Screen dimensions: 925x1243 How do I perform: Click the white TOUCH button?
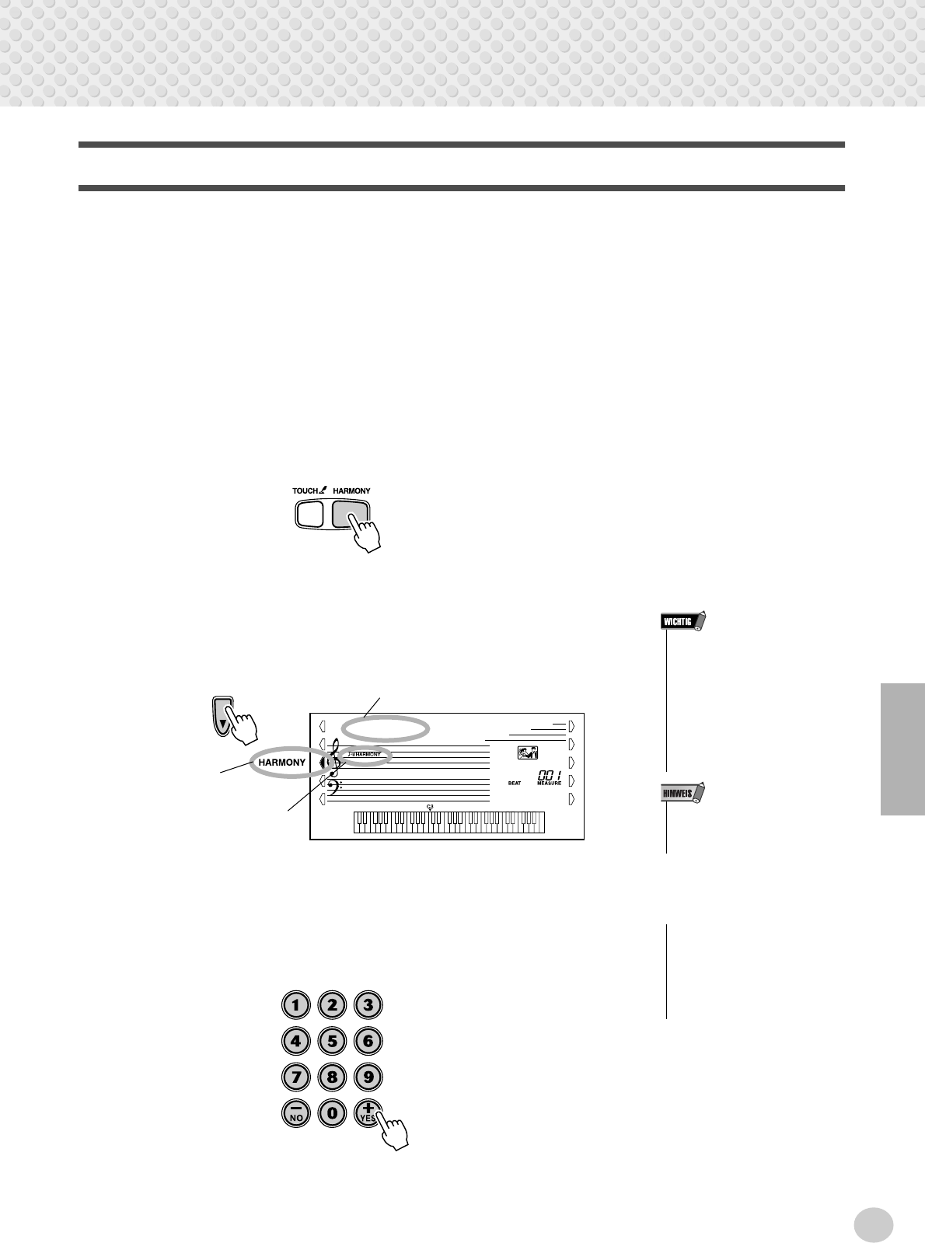tap(309, 514)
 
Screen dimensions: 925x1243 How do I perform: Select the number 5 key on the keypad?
tap(332, 1041)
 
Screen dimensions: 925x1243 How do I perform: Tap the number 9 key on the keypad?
tap(368, 1077)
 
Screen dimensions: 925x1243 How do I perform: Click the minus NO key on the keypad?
tap(295, 1113)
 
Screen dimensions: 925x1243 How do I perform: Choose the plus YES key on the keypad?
tap(367, 1112)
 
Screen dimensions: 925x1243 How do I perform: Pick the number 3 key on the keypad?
tap(368, 1004)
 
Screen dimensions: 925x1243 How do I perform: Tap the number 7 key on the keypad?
tap(295, 1077)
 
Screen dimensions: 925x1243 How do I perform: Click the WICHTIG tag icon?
tap(682, 621)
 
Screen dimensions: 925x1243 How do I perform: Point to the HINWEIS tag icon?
tap(682, 794)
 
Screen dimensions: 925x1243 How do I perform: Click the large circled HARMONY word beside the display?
tap(281, 763)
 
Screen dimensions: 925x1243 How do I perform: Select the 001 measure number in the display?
tap(548, 776)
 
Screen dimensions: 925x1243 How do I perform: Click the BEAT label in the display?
tap(515, 784)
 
